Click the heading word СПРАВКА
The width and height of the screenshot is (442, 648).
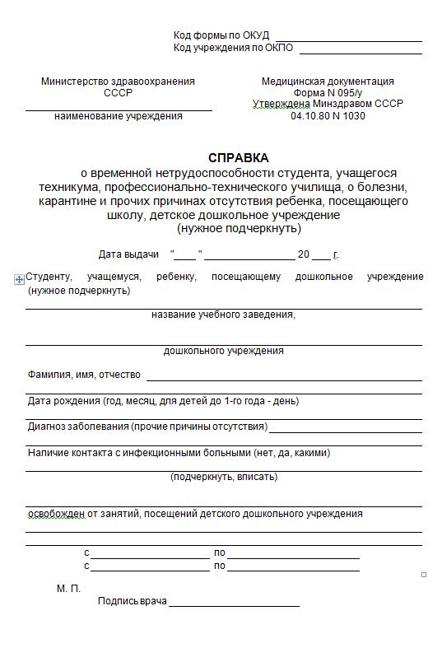coord(238,157)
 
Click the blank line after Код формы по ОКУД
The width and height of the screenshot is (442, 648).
coord(349,39)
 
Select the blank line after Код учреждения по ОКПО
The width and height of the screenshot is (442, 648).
coord(361,51)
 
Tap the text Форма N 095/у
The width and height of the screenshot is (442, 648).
coord(328,93)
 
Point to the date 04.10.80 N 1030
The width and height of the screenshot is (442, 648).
coord(328,116)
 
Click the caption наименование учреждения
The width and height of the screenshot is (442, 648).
coord(119,116)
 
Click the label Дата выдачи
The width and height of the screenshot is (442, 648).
coord(128,254)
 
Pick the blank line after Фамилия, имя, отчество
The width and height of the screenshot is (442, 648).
coord(284,378)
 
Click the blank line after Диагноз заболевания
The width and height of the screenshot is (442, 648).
coord(345,429)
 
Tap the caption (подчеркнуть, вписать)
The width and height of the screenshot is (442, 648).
coord(224,476)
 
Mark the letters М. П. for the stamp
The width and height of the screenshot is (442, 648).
coord(68,589)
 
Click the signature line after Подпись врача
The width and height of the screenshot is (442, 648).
coord(234,604)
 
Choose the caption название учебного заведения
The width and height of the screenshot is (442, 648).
coord(224,315)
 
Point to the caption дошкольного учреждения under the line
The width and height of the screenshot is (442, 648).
coord(224,351)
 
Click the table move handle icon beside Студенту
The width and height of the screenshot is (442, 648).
coord(19,280)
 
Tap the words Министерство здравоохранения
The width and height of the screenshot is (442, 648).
coord(118,82)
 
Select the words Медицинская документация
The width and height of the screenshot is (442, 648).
coord(328,82)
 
